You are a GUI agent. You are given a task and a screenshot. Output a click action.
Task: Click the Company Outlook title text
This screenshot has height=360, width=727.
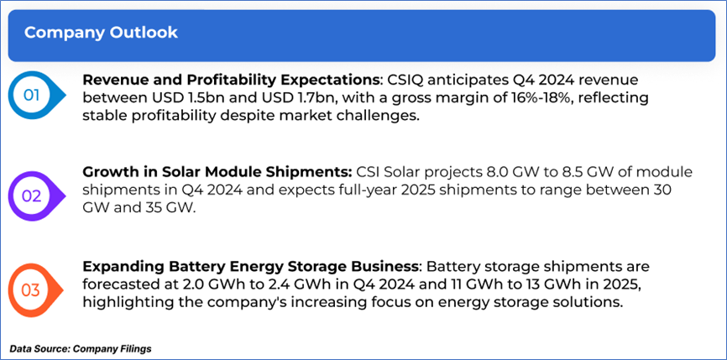pyautogui.click(x=101, y=33)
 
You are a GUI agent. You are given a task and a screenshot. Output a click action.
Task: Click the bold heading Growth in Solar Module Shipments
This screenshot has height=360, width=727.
pyautogui.click(x=217, y=173)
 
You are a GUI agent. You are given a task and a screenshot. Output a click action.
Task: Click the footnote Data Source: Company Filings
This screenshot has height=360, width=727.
pyautogui.click(x=81, y=348)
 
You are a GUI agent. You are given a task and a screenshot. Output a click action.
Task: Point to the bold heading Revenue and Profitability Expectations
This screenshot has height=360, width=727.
pyautogui.click(x=230, y=81)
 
